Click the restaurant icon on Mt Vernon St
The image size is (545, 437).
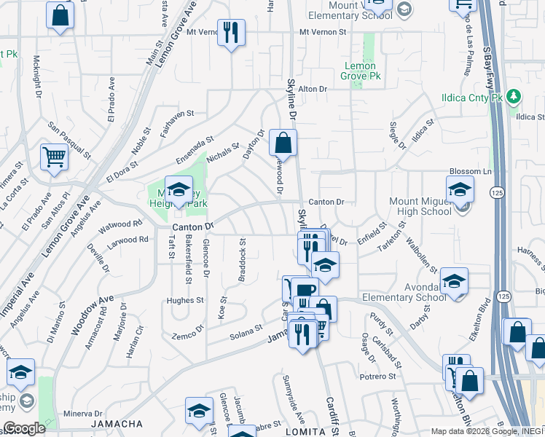pos(231,33)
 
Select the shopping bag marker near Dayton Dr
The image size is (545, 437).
pos(283,142)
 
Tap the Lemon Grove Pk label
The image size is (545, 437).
pos(359,71)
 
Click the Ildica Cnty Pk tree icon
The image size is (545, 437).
pos(514,96)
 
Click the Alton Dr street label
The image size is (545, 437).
pos(314,89)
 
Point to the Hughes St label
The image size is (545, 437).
pos(185,300)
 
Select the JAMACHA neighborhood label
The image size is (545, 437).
pos(117,423)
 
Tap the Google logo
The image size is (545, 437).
pos(24,428)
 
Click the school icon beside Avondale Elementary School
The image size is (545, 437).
pos(454,282)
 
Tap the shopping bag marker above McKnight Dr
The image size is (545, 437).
pos(60,15)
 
